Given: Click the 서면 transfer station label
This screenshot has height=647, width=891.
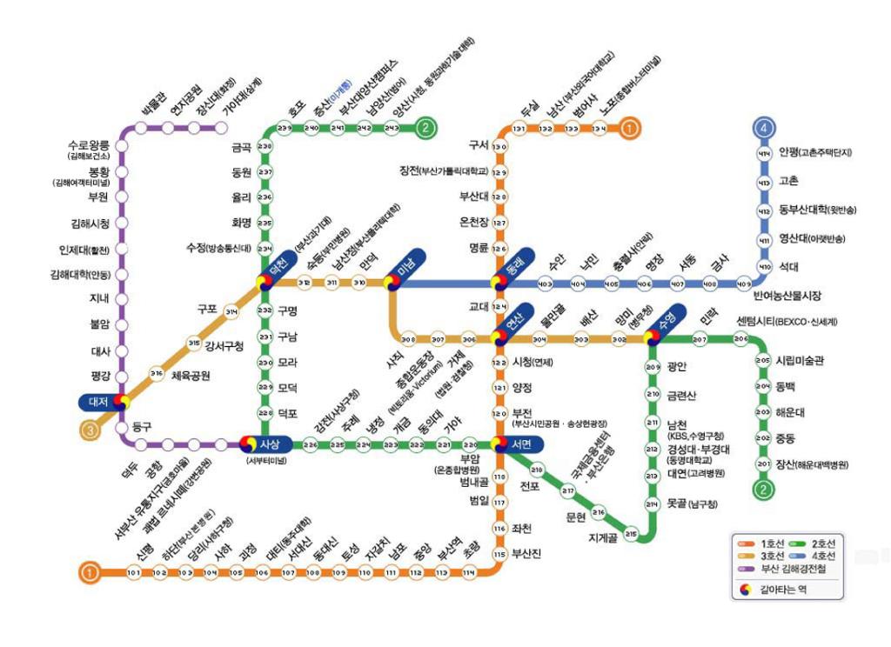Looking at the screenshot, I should click(x=522, y=444).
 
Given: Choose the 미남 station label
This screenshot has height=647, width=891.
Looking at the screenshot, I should click(x=405, y=269).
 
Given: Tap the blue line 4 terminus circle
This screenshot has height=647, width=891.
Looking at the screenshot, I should click(x=764, y=129).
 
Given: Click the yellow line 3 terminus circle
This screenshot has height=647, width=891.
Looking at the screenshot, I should click(x=90, y=429).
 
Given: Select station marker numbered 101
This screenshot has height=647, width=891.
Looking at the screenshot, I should click(x=134, y=572).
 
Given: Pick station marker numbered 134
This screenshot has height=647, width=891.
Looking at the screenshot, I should click(x=600, y=129).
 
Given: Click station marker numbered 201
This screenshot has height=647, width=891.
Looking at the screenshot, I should click(x=763, y=464).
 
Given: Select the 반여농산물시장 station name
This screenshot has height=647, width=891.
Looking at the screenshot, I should click(x=787, y=296).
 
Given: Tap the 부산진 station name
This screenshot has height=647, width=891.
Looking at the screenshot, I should click(x=527, y=553).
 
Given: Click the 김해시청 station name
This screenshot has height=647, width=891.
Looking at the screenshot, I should click(x=90, y=223).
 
